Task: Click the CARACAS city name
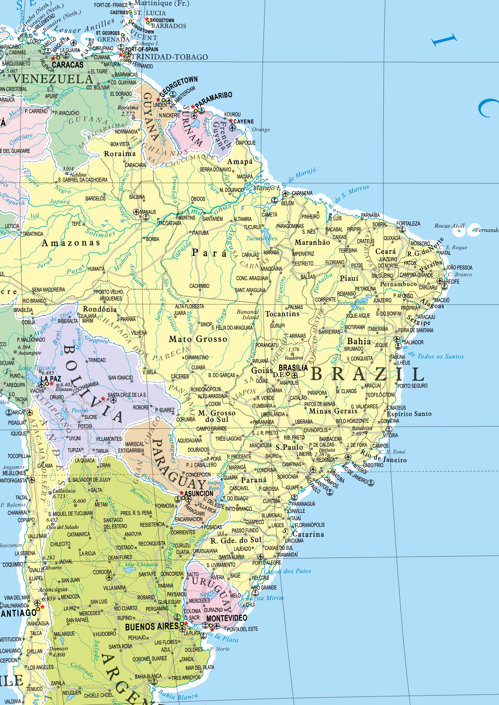click(68, 65)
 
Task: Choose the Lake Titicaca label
click(37, 367)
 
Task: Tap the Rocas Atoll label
click(449, 226)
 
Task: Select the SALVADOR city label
click(414, 342)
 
